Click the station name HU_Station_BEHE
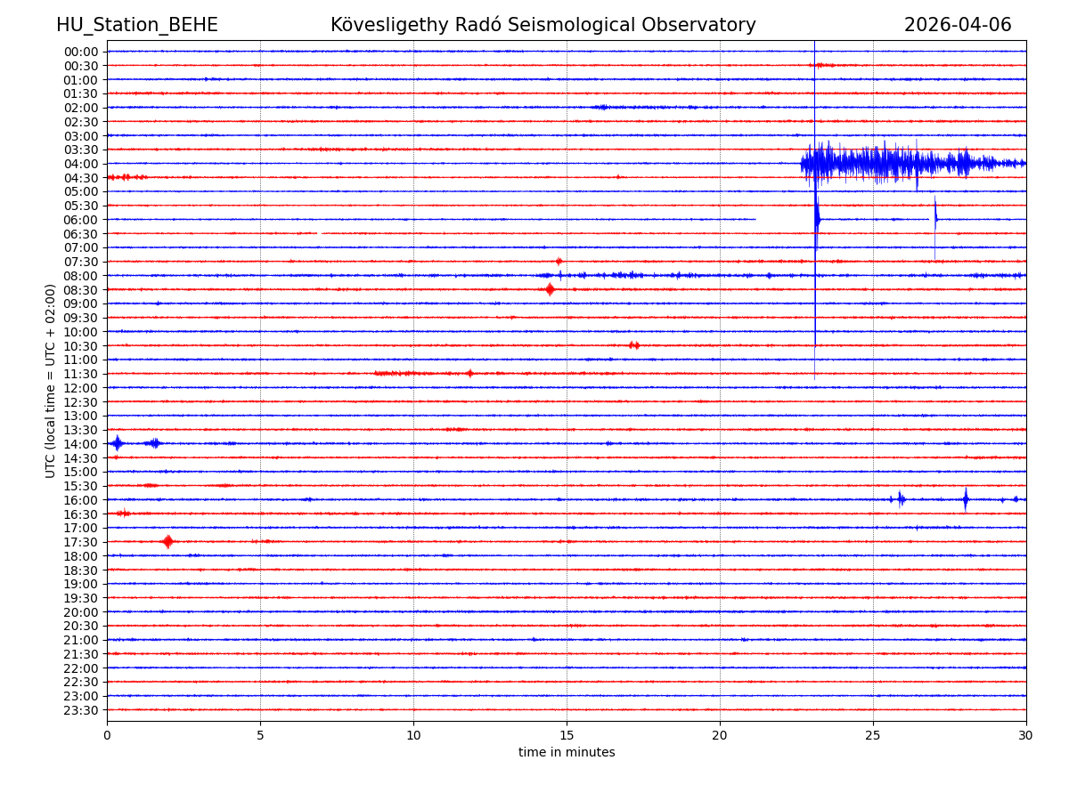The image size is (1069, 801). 136,26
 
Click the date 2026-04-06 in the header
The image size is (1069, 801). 958,26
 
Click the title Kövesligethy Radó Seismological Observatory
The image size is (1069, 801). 543,26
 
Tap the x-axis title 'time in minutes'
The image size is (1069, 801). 567,753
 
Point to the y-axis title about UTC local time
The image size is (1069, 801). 51,381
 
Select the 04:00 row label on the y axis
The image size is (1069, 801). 81,164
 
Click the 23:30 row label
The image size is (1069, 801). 81,710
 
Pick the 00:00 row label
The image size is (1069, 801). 81,52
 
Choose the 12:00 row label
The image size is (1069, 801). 81,388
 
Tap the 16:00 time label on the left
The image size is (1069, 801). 81,500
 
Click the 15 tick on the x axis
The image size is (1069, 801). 567,736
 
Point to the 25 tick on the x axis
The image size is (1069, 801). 873,736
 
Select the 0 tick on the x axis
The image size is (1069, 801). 107,736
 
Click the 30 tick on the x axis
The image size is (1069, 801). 1026,736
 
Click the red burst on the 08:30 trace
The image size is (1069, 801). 550,289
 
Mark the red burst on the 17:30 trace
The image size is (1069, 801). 167,541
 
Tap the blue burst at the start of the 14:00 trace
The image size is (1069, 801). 117,443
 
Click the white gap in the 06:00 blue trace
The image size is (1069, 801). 784,219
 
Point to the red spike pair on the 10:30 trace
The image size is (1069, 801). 633,345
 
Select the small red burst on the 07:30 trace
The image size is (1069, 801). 559,261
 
